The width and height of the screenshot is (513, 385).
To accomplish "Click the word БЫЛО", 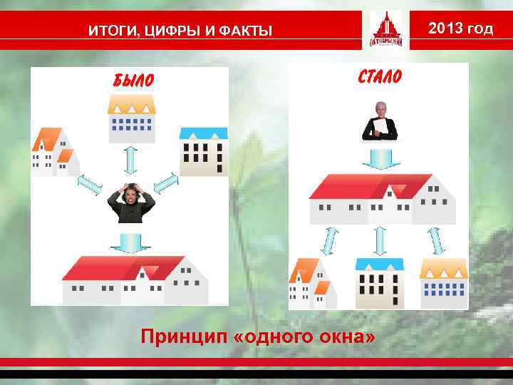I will [x=133, y=79].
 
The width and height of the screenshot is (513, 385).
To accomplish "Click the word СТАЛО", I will [x=378, y=76].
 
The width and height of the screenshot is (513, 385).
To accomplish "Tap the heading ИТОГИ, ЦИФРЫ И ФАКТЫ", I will [x=180, y=30].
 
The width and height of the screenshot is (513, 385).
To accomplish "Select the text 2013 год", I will [x=461, y=29].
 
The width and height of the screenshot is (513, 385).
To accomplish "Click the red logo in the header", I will [x=385, y=31].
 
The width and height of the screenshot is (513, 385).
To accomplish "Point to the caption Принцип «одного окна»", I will [x=257, y=335].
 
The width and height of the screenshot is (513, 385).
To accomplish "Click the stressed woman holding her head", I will [x=131, y=203].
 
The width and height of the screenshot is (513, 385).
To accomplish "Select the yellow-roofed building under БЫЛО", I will [x=131, y=118].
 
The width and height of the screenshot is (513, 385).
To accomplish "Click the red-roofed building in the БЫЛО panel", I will [x=135, y=280].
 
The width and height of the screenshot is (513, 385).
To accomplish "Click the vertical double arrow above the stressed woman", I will [x=130, y=160].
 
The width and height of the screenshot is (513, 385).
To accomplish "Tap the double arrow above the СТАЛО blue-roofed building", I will [x=380, y=241].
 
